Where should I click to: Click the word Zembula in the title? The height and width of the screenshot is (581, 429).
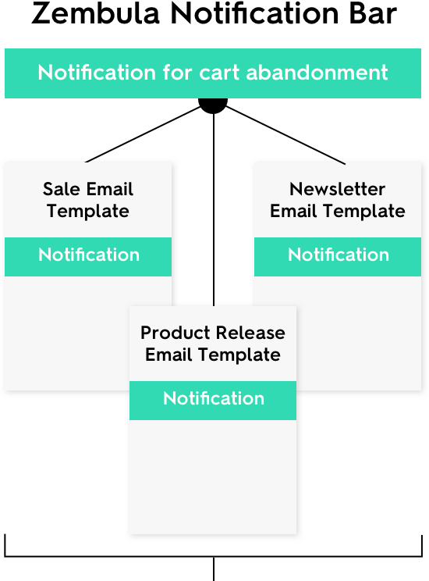[95, 13]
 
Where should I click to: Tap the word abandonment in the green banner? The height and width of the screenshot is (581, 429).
[317, 72]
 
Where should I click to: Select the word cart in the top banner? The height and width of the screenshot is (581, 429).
[220, 73]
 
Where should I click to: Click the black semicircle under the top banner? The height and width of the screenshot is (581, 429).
[213, 105]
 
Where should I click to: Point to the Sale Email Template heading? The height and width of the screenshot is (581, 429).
[88, 200]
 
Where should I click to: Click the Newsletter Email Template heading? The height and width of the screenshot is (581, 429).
[338, 200]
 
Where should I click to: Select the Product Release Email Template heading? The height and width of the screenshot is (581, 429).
[213, 344]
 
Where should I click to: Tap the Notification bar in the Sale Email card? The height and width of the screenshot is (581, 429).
[88, 257]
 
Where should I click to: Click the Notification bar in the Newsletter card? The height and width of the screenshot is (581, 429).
[338, 257]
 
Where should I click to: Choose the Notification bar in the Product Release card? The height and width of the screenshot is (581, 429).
[213, 401]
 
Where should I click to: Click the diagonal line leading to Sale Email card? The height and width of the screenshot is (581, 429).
[144, 134]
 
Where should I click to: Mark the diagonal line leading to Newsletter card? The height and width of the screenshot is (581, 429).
[285, 135]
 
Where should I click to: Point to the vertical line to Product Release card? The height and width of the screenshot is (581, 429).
[214, 210]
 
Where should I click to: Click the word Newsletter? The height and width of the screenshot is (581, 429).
[338, 189]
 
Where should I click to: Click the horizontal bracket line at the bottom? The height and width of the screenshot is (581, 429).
[214, 556]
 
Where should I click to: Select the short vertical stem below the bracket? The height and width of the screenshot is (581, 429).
[214, 569]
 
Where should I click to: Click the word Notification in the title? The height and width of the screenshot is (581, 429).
[254, 13]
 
